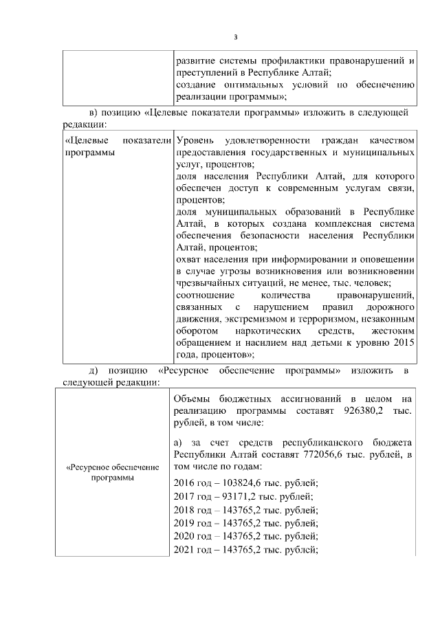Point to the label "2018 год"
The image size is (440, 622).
(x=195, y=509)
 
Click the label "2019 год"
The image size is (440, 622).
(x=195, y=522)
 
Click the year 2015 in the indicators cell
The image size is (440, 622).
(x=401, y=342)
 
